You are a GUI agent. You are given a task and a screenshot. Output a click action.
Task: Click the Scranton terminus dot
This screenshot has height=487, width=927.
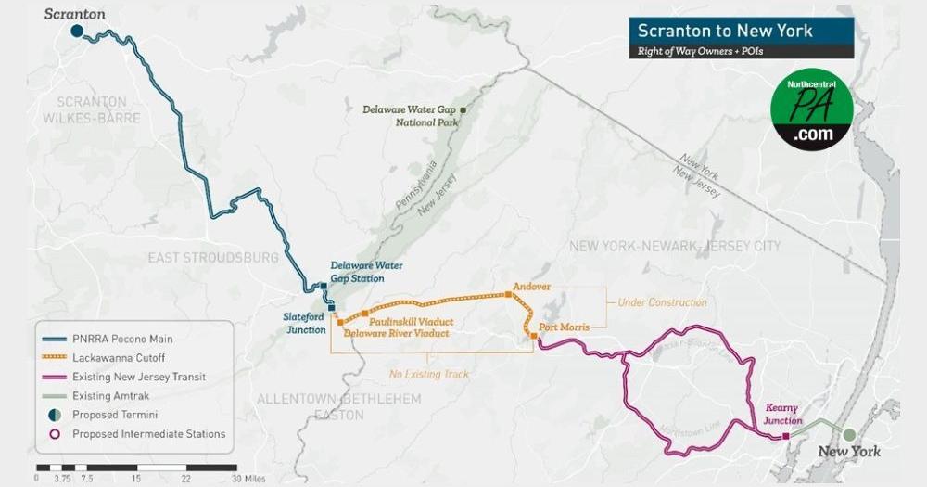pos(78,32)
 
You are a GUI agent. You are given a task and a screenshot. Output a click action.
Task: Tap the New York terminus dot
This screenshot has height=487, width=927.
pos(848,434)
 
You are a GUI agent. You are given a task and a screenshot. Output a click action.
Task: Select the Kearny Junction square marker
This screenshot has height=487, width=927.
pos(786,435)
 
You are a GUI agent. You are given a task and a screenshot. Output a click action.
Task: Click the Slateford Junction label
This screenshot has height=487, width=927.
pos(304,323)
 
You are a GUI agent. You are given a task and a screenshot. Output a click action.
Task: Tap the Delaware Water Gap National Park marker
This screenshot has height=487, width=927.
pos(463,110)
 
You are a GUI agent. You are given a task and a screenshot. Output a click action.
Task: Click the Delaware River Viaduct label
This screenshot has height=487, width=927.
pos(396,333)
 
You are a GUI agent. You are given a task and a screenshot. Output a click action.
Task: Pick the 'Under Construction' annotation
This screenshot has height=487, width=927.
pos(662,302)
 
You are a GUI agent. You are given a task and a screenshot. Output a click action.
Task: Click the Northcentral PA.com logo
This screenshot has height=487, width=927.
pos(812,109)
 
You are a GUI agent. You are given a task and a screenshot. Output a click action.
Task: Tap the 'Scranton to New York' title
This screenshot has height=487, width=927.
pos(725,31)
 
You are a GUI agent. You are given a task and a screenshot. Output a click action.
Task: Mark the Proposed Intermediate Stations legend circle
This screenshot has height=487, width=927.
pos(55,433)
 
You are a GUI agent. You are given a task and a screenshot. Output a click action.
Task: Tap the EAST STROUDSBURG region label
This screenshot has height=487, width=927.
pos(213,257)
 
